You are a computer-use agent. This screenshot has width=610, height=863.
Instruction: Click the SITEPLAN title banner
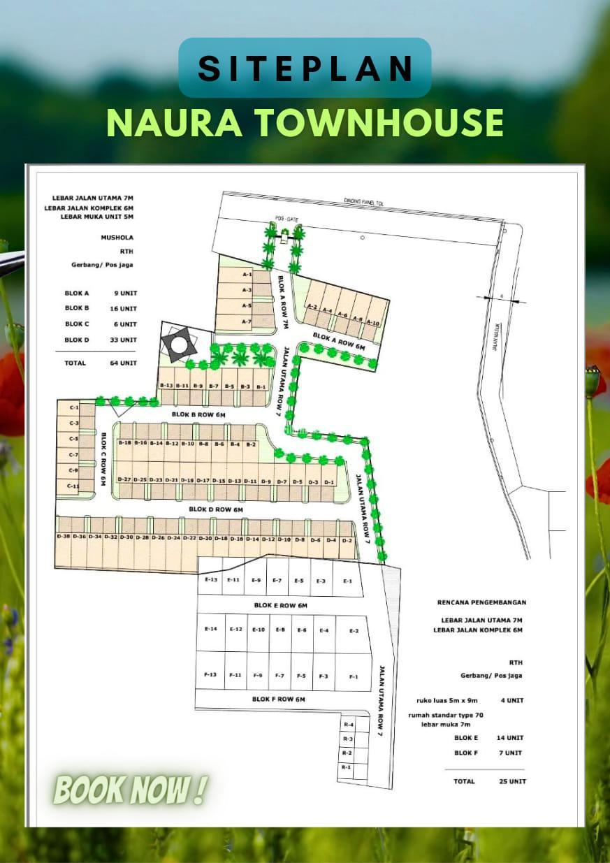coord(305,68)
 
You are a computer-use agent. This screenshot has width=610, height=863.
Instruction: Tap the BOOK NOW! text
coord(130,790)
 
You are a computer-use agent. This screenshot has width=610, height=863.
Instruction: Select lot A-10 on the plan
coord(372,322)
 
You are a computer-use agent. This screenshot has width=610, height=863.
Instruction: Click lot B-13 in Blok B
coord(166,386)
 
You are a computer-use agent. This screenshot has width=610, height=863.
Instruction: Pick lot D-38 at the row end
coord(63,537)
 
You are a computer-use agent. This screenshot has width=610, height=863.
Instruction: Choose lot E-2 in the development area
coord(354,631)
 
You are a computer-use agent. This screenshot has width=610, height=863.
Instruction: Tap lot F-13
coord(210,675)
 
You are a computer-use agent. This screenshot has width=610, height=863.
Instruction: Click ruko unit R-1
coord(346,767)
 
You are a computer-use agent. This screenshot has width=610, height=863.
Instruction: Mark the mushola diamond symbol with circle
coord(179,344)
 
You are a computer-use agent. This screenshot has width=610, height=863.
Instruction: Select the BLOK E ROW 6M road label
coord(280,605)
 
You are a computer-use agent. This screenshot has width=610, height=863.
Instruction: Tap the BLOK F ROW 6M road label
coord(279,699)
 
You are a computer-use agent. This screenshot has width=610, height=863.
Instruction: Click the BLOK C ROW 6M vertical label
coord(102,459)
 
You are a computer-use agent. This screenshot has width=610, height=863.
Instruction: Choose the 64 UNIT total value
coord(125,363)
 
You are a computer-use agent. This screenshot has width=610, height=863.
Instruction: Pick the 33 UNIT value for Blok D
coord(125,340)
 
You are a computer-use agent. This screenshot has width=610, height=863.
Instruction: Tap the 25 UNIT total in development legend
coord(513,781)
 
